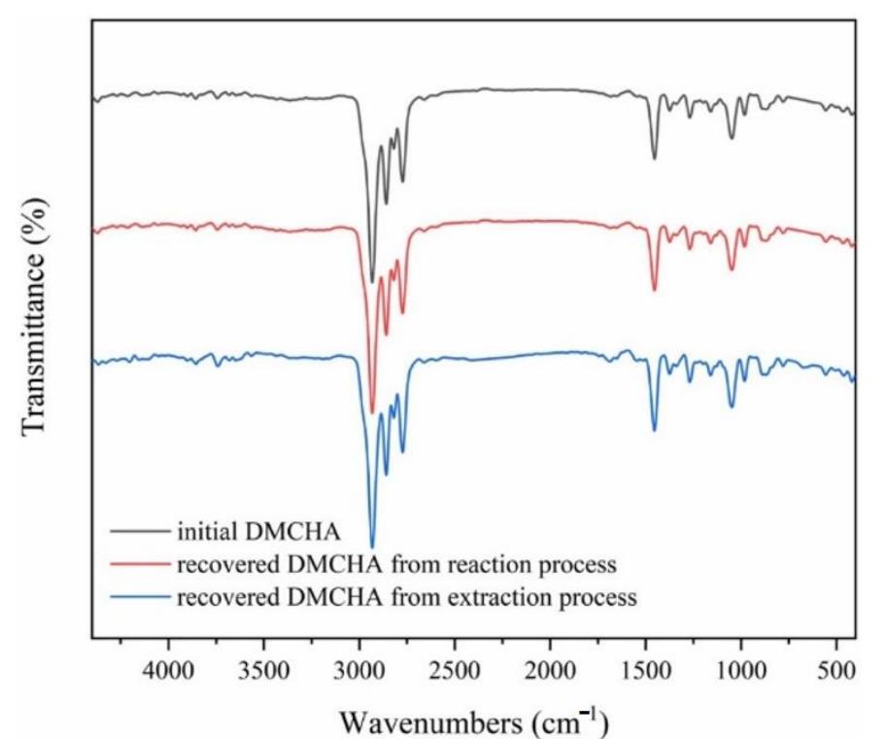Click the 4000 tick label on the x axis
coord(169,672)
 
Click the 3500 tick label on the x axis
coord(264,672)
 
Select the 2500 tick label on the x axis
coord(455,672)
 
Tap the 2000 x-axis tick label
coord(550,672)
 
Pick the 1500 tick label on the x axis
coord(646,672)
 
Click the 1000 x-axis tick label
coord(741,672)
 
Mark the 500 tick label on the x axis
coord(836,672)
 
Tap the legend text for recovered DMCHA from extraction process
coord(406,597)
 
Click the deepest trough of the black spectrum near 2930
coord(372,282)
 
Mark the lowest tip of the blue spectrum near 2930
coord(372,547)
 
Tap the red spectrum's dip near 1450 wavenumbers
coord(654,290)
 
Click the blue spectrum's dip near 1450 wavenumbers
coord(654,430)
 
